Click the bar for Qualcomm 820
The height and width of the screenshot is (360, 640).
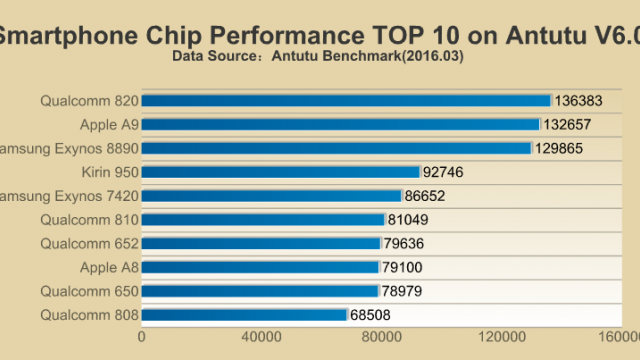346,100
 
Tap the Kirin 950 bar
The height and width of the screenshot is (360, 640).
281,172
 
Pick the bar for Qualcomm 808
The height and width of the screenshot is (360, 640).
244,315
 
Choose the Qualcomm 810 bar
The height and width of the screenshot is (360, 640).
263,219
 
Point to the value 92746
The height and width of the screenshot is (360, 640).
443,172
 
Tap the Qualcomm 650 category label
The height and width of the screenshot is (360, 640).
88,291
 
